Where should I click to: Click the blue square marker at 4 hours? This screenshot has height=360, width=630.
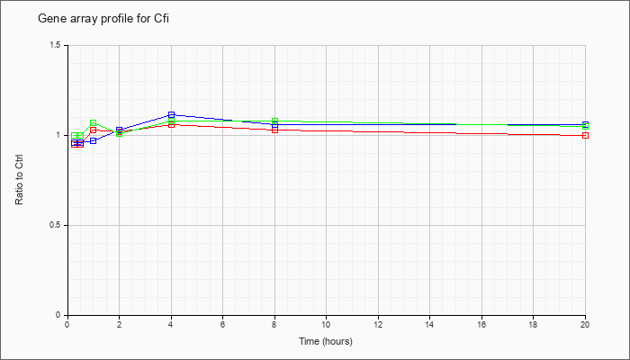pyautogui.click(x=172, y=115)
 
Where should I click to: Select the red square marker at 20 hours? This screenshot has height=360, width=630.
pyautogui.click(x=585, y=135)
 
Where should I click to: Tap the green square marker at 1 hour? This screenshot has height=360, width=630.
pyautogui.click(x=94, y=123)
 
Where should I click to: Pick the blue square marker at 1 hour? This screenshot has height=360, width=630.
pyautogui.click(x=94, y=140)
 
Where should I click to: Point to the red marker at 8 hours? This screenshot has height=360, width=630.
pyautogui.click(x=274, y=130)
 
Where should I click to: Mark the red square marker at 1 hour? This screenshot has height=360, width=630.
pyautogui.click(x=94, y=130)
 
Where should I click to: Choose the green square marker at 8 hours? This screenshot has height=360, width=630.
pyautogui.click(x=274, y=121)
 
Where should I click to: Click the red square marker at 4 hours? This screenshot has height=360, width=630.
pyautogui.click(x=172, y=124)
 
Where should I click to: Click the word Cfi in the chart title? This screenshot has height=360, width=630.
pyautogui.click(x=161, y=19)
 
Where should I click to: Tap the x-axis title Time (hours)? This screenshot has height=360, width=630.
pyautogui.click(x=326, y=341)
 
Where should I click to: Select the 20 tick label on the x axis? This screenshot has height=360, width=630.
pyautogui.click(x=585, y=324)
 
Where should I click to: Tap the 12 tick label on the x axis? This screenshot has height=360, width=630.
pyautogui.click(x=378, y=324)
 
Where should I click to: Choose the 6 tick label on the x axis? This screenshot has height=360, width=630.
pyautogui.click(x=223, y=324)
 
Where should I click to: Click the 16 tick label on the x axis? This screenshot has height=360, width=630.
pyautogui.click(x=481, y=324)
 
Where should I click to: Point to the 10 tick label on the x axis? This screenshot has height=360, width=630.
pyautogui.click(x=326, y=324)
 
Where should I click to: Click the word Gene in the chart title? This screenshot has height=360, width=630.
pyautogui.click(x=48, y=19)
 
